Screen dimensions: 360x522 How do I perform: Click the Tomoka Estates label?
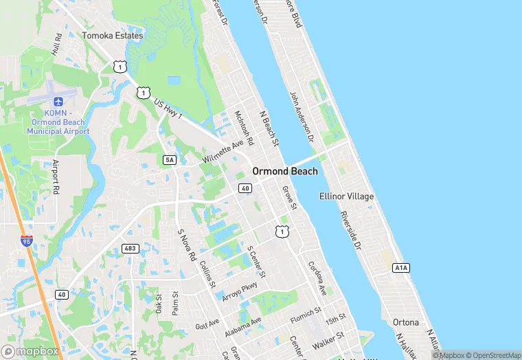[x=113, y=35]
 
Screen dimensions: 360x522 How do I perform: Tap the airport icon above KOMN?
[x=58, y=102]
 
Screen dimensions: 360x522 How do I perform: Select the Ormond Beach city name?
[x=285, y=171]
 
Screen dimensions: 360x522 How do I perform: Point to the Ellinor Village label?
[x=347, y=196]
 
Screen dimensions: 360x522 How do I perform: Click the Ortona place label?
[x=405, y=322]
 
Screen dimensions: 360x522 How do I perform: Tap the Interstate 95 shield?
[x=26, y=241]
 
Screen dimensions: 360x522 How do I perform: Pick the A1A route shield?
[x=401, y=267]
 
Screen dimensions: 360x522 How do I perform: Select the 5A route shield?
[x=170, y=160]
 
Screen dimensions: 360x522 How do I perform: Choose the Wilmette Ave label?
[x=223, y=152]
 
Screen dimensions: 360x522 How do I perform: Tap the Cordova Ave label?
[x=317, y=276]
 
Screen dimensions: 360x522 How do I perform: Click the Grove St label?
[x=290, y=197]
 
